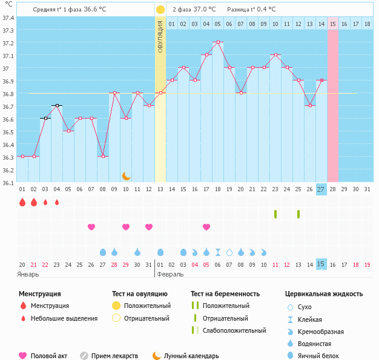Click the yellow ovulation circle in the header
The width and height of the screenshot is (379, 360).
160,10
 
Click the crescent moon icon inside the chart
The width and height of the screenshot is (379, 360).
126,176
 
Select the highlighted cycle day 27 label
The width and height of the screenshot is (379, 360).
321,189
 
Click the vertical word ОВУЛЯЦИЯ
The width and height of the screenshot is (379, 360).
160,36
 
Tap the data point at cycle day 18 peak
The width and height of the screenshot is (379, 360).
218,42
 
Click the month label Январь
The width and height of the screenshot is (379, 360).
28,273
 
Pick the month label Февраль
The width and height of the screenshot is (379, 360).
170,273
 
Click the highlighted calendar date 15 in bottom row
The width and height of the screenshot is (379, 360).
321,264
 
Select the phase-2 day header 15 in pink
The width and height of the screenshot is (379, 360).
333,24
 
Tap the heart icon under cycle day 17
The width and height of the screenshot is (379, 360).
206,227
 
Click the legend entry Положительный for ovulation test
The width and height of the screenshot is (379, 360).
147,306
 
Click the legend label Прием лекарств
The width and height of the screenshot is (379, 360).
114,356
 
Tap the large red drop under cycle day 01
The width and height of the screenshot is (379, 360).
22,203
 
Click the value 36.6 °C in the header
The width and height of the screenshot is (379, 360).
99,10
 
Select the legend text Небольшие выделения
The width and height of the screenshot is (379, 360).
64,318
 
